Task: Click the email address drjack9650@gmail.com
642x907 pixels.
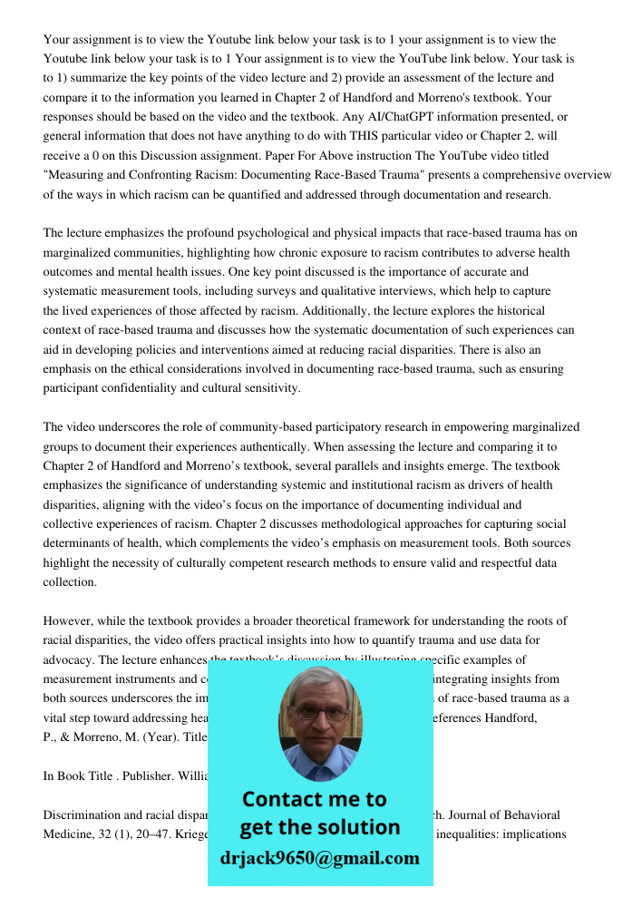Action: (319, 858)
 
